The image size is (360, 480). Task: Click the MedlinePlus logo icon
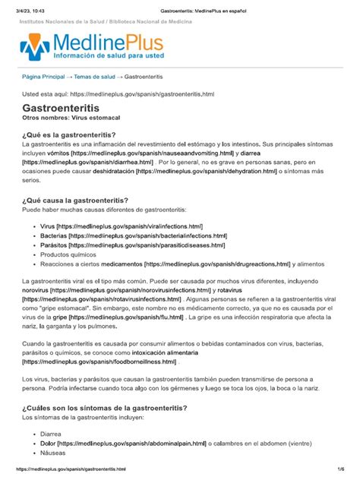(35, 47)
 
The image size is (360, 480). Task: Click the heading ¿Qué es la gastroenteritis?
(74, 134)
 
